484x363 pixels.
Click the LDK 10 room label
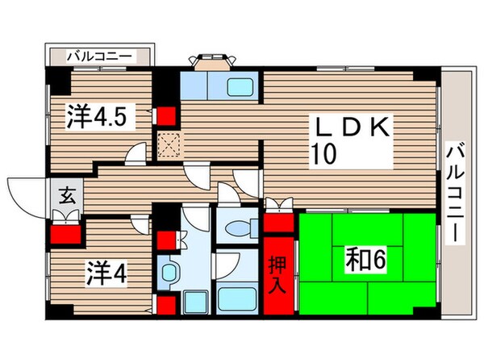[353, 140]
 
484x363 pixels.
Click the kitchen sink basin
[240, 87]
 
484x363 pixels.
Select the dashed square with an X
[169, 145]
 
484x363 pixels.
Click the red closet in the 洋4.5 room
[166, 115]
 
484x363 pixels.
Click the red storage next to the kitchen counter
[166, 240]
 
